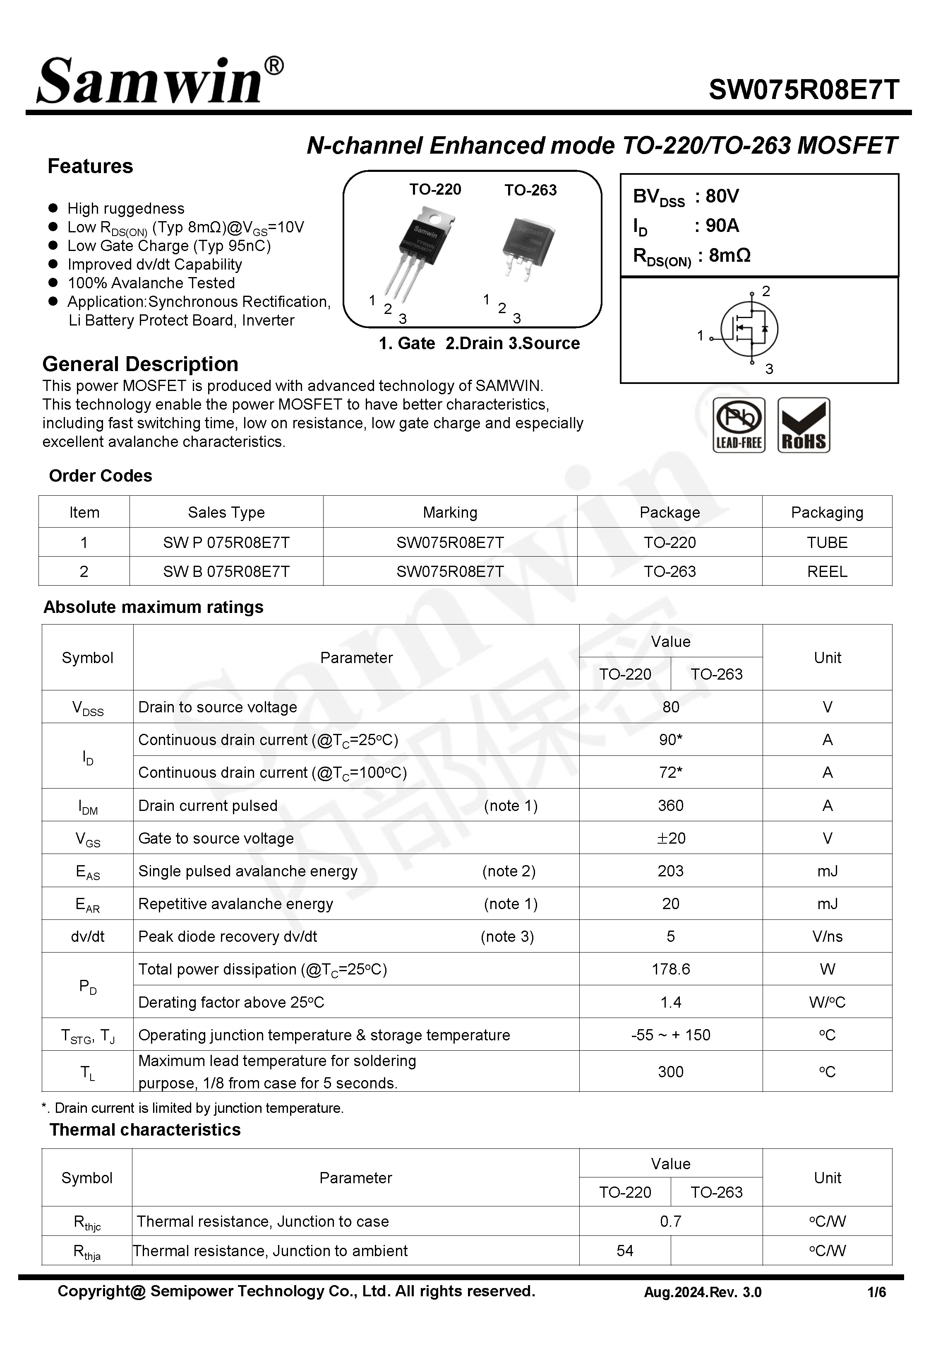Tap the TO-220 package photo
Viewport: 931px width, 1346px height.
click(422, 251)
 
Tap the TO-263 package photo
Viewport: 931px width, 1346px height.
click(527, 248)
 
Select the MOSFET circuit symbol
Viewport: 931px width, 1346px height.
click(750, 329)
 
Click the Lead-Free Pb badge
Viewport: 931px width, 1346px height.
click(739, 425)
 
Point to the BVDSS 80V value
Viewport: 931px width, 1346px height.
click(722, 196)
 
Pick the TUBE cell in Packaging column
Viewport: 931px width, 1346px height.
click(827, 542)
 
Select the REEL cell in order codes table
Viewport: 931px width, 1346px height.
click(827, 572)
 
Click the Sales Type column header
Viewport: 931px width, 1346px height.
click(226, 512)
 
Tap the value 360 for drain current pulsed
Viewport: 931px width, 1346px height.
click(670, 806)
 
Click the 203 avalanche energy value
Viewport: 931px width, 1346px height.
click(670, 871)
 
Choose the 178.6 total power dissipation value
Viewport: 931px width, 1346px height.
click(670, 969)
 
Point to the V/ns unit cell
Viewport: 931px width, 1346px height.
click(827, 936)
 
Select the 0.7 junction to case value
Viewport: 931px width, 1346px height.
click(670, 1221)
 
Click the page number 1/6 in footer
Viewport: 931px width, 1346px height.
click(876, 1292)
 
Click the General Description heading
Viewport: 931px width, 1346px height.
click(140, 364)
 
